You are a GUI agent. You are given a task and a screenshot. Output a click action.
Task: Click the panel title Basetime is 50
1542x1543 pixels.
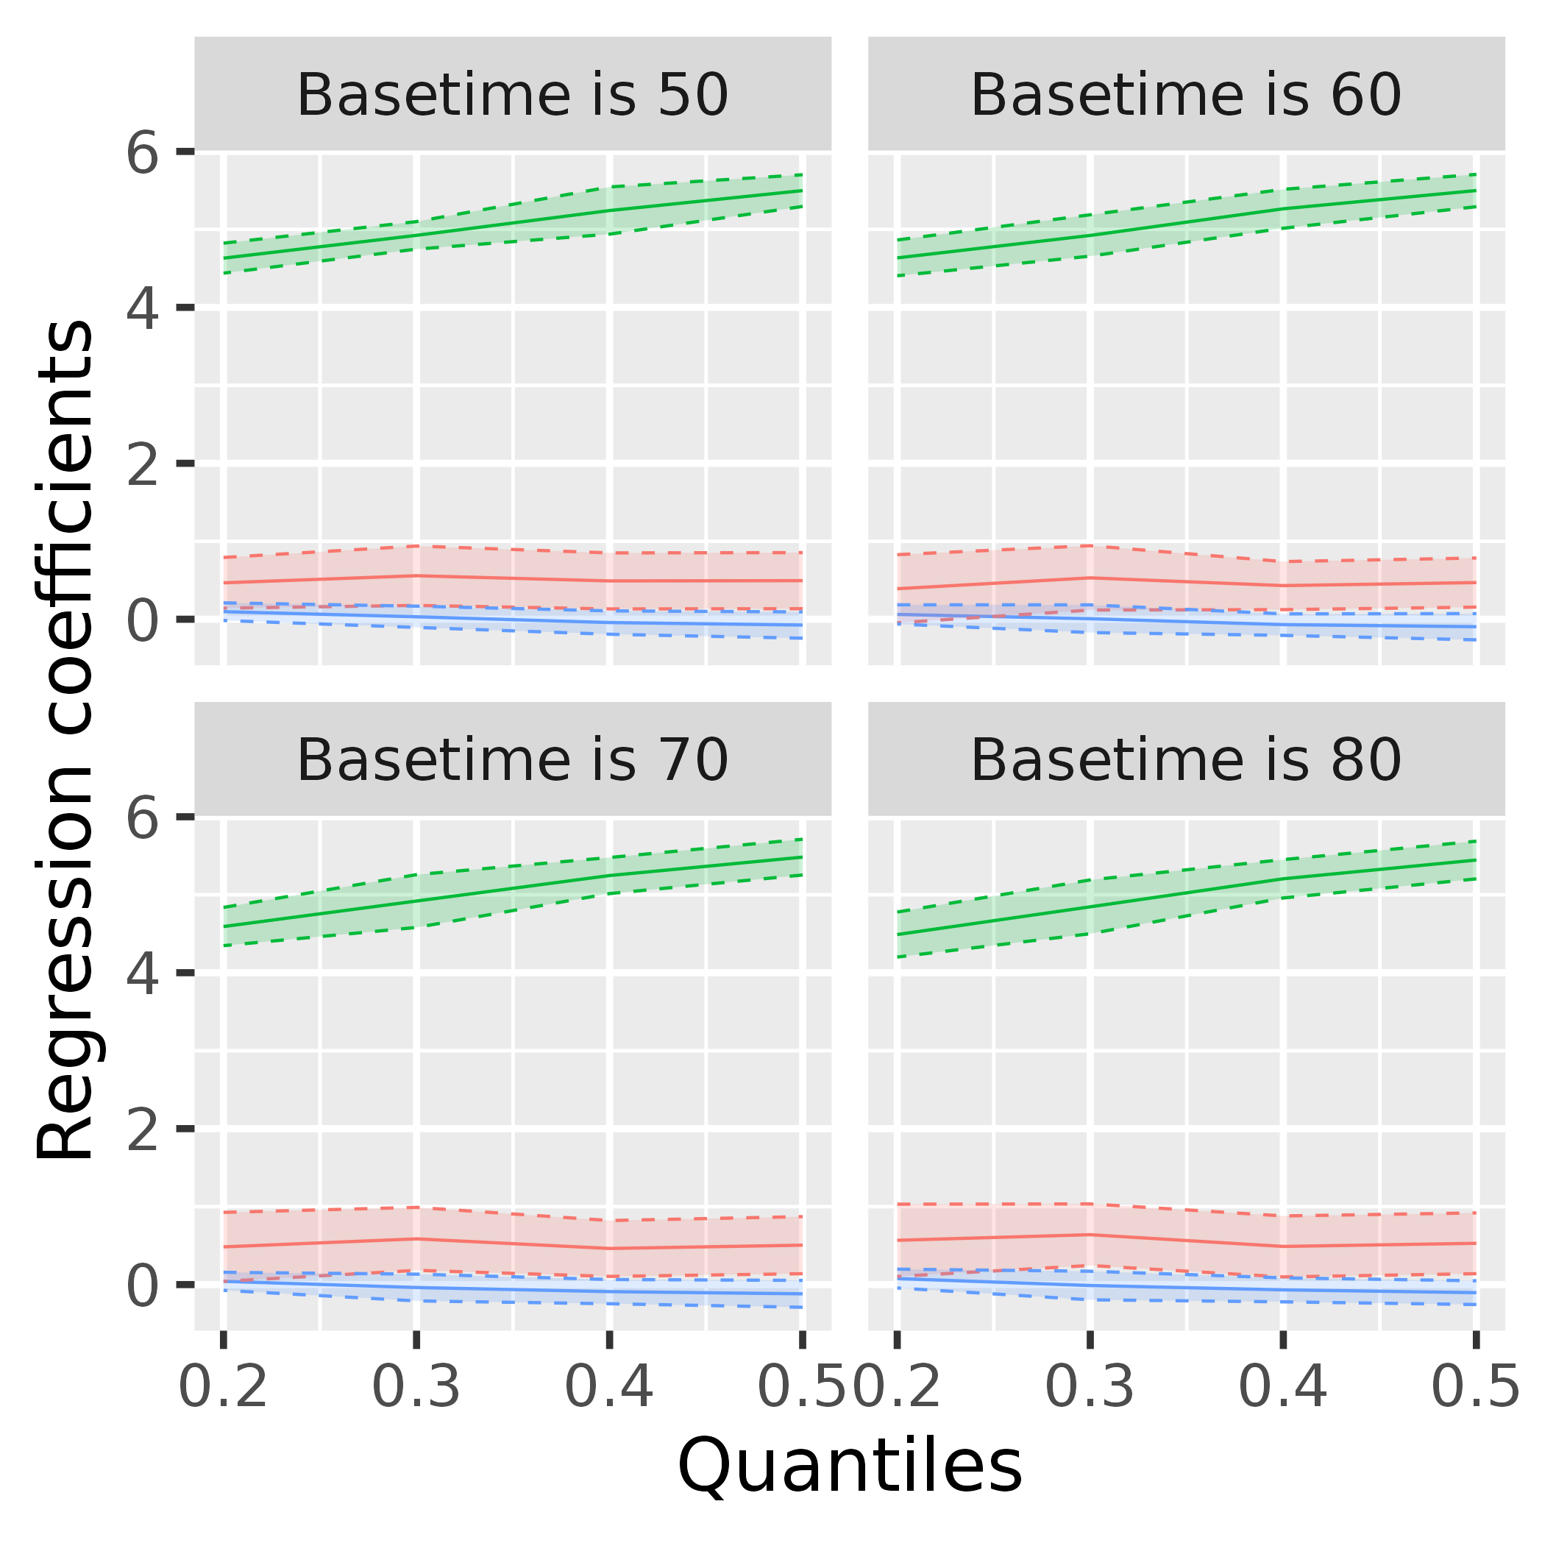click(x=513, y=95)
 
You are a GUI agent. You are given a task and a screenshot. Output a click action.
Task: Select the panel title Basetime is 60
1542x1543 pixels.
click(x=1186, y=95)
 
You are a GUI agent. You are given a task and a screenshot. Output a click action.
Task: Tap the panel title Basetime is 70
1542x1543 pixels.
click(x=513, y=759)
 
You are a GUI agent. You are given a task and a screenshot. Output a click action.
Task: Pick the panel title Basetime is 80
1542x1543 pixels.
click(x=1186, y=759)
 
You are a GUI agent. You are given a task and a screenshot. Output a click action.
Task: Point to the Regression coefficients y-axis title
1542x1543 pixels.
click(x=65, y=739)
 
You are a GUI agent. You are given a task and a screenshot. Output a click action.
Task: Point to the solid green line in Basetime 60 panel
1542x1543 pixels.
click(x=1186, y=222)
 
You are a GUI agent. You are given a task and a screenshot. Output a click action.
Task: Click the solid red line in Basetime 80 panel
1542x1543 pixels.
click(x=1186, y=1241)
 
